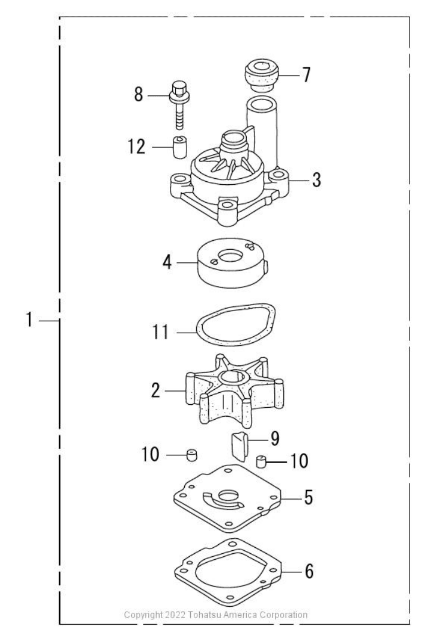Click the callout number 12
[x=137, y=147]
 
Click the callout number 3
[x=317, y=179]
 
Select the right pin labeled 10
[x=261, y=461]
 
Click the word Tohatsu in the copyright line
[x=190, y=614]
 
